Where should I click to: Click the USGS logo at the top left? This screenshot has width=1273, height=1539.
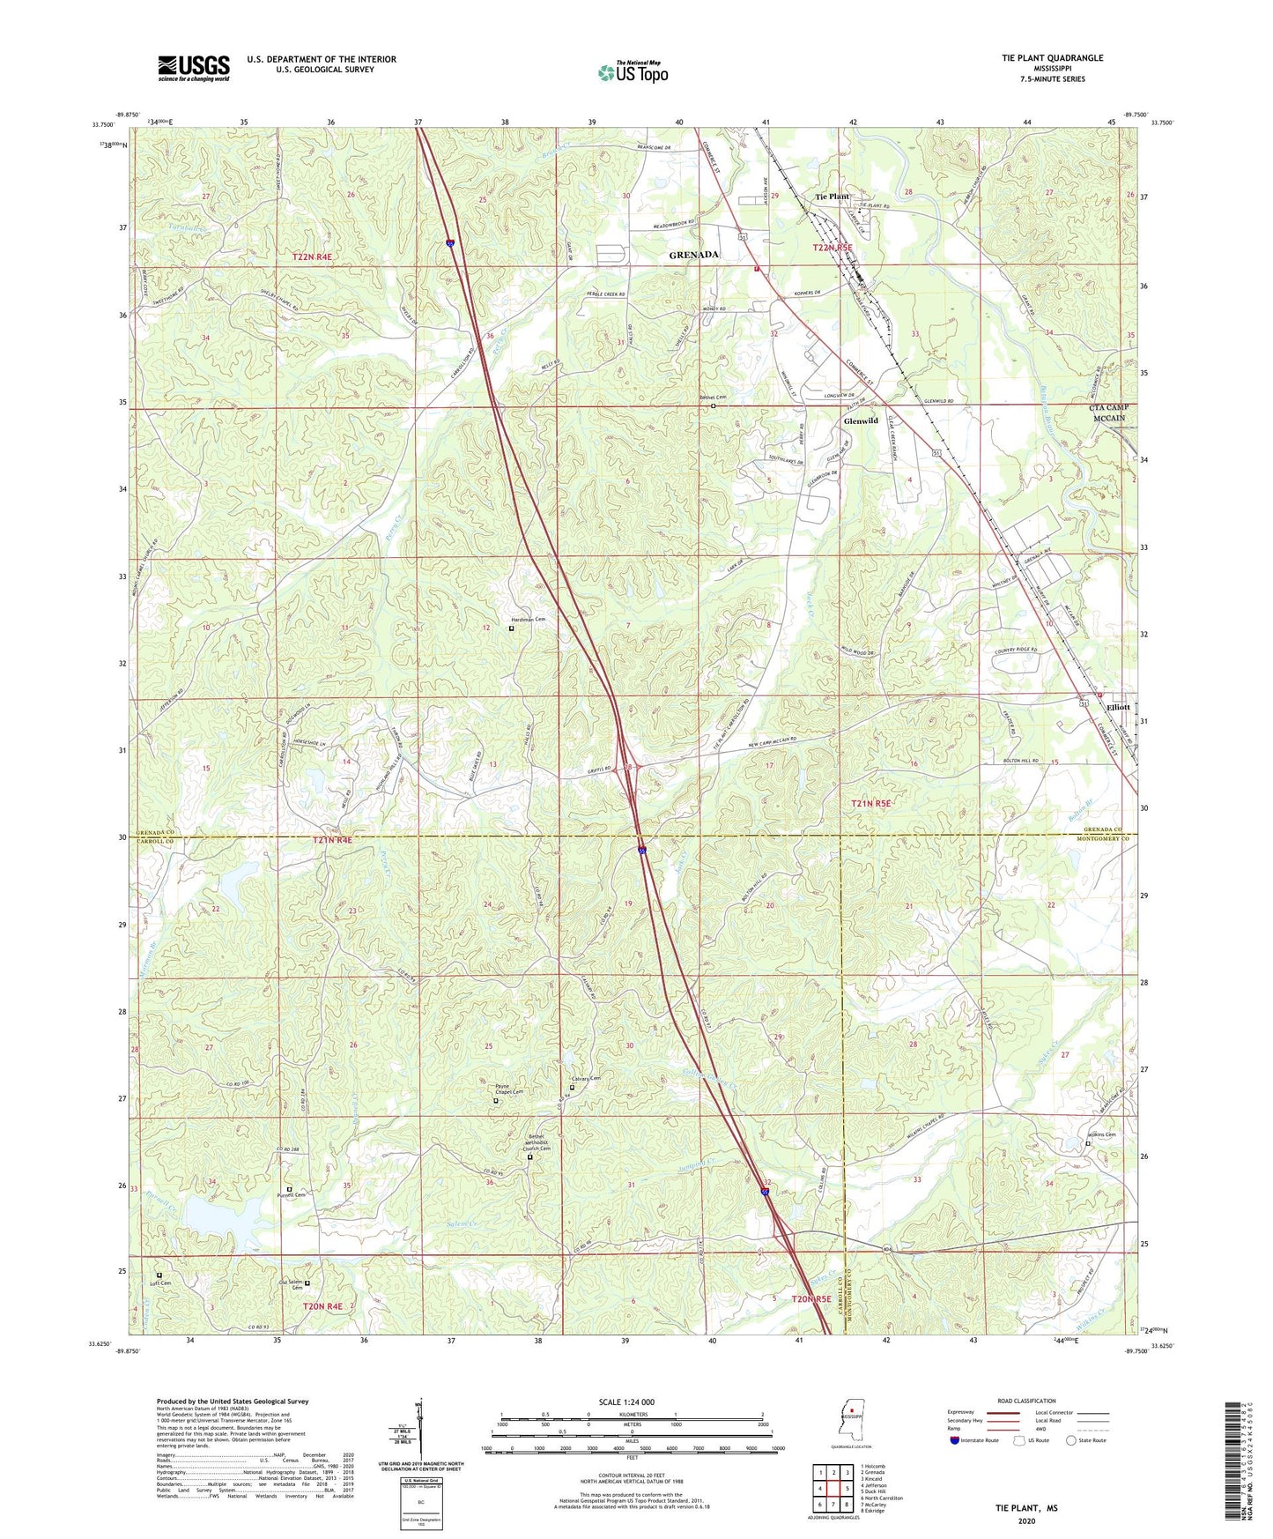click(194, 67)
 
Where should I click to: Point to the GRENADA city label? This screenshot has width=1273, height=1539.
click(694, 255)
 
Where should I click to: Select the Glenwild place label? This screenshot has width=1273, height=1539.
click(861, 421)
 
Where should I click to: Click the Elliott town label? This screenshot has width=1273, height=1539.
click(1119, 707)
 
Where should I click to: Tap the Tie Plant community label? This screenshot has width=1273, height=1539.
click(833, 197)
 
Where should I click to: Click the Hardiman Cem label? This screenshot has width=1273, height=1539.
click(530, 620)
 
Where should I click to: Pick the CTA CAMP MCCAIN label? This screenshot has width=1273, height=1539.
click(1108, 413)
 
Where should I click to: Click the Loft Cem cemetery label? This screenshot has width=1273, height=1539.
click(159, 1283)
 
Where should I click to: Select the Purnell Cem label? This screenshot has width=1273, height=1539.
click(291, 1194)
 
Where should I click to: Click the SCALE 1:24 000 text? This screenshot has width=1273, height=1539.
click(625, 1401)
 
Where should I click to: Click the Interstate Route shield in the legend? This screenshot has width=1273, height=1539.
click(955, 1440)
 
